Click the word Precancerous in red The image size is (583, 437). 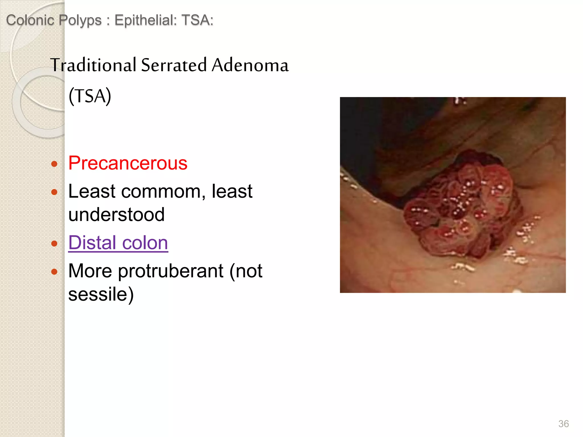click(128, 163)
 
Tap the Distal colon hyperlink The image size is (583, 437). click(118, 243)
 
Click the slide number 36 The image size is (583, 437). click(563, 424)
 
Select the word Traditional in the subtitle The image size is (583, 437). click(93, 65)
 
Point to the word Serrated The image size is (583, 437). click(174, 65)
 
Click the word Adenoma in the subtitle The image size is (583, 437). click(250, 65)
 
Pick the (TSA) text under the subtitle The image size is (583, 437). click(90, 96)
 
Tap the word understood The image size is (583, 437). click(116, 215)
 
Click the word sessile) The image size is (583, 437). click(101, 294)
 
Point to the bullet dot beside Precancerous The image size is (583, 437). click(54, 164)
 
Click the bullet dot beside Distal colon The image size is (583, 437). click(54, 244)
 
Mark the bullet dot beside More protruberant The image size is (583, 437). click(54, 272)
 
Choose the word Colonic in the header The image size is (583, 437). click(30, 20)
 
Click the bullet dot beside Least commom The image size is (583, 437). click(54, 192)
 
